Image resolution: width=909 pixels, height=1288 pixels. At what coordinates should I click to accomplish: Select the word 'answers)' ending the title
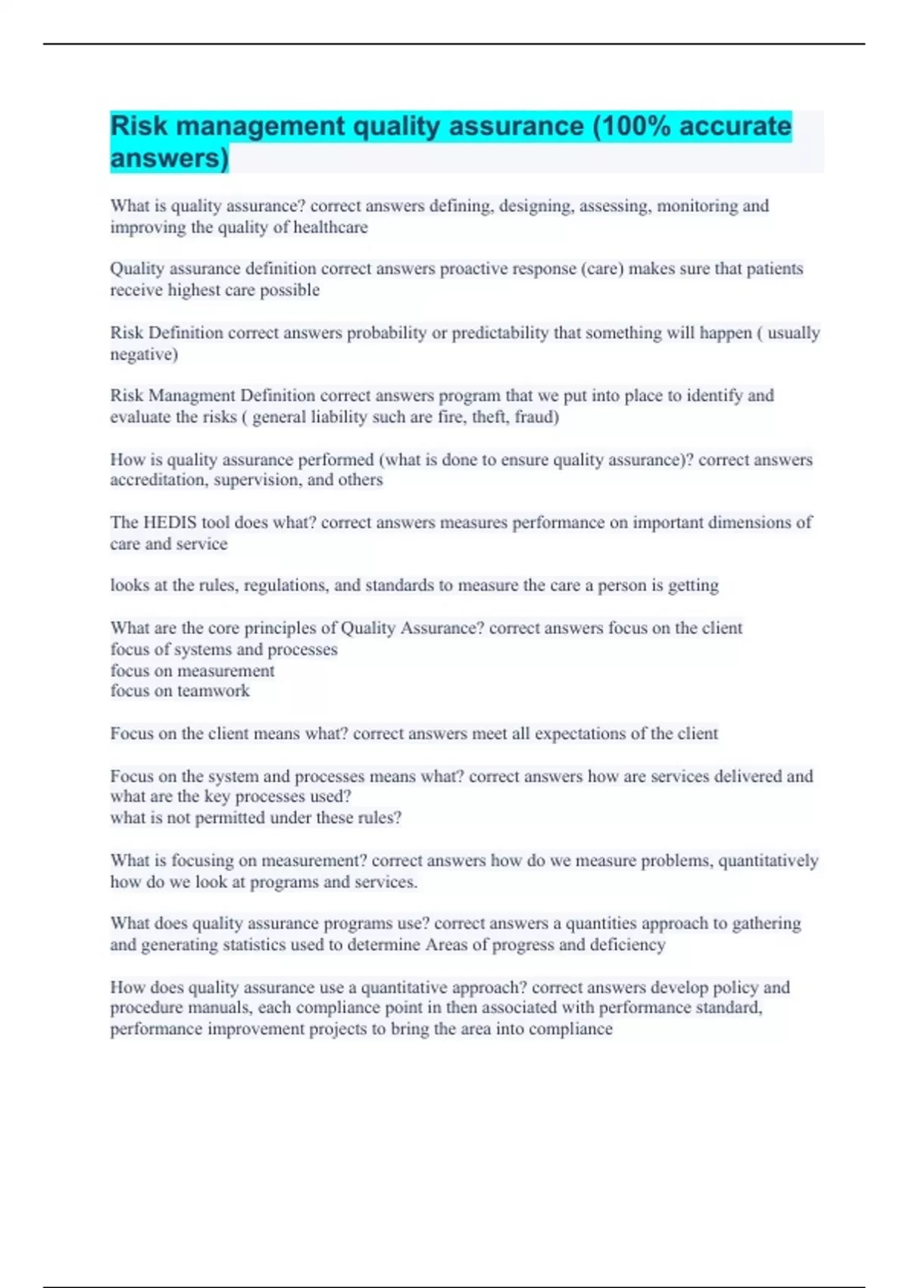[169, 158]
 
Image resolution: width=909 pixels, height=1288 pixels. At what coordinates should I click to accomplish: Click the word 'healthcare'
[330, 227]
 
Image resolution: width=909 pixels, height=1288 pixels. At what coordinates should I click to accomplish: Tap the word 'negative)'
[144, 355]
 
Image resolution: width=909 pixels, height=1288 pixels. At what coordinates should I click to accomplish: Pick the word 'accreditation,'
[159, 480]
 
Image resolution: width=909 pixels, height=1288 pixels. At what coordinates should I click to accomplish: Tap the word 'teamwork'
[213, 691]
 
